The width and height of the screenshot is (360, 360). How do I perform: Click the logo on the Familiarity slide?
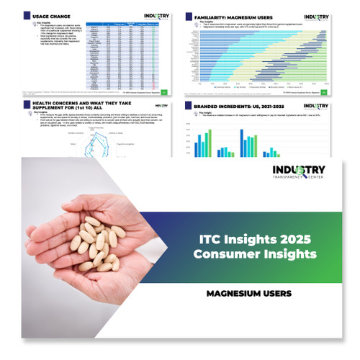point(317,16)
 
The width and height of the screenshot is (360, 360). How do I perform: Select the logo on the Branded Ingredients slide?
point(317,107)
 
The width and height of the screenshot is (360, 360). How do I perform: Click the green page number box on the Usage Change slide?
point(165,91)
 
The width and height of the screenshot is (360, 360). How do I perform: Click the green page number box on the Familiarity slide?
point(331,91)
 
